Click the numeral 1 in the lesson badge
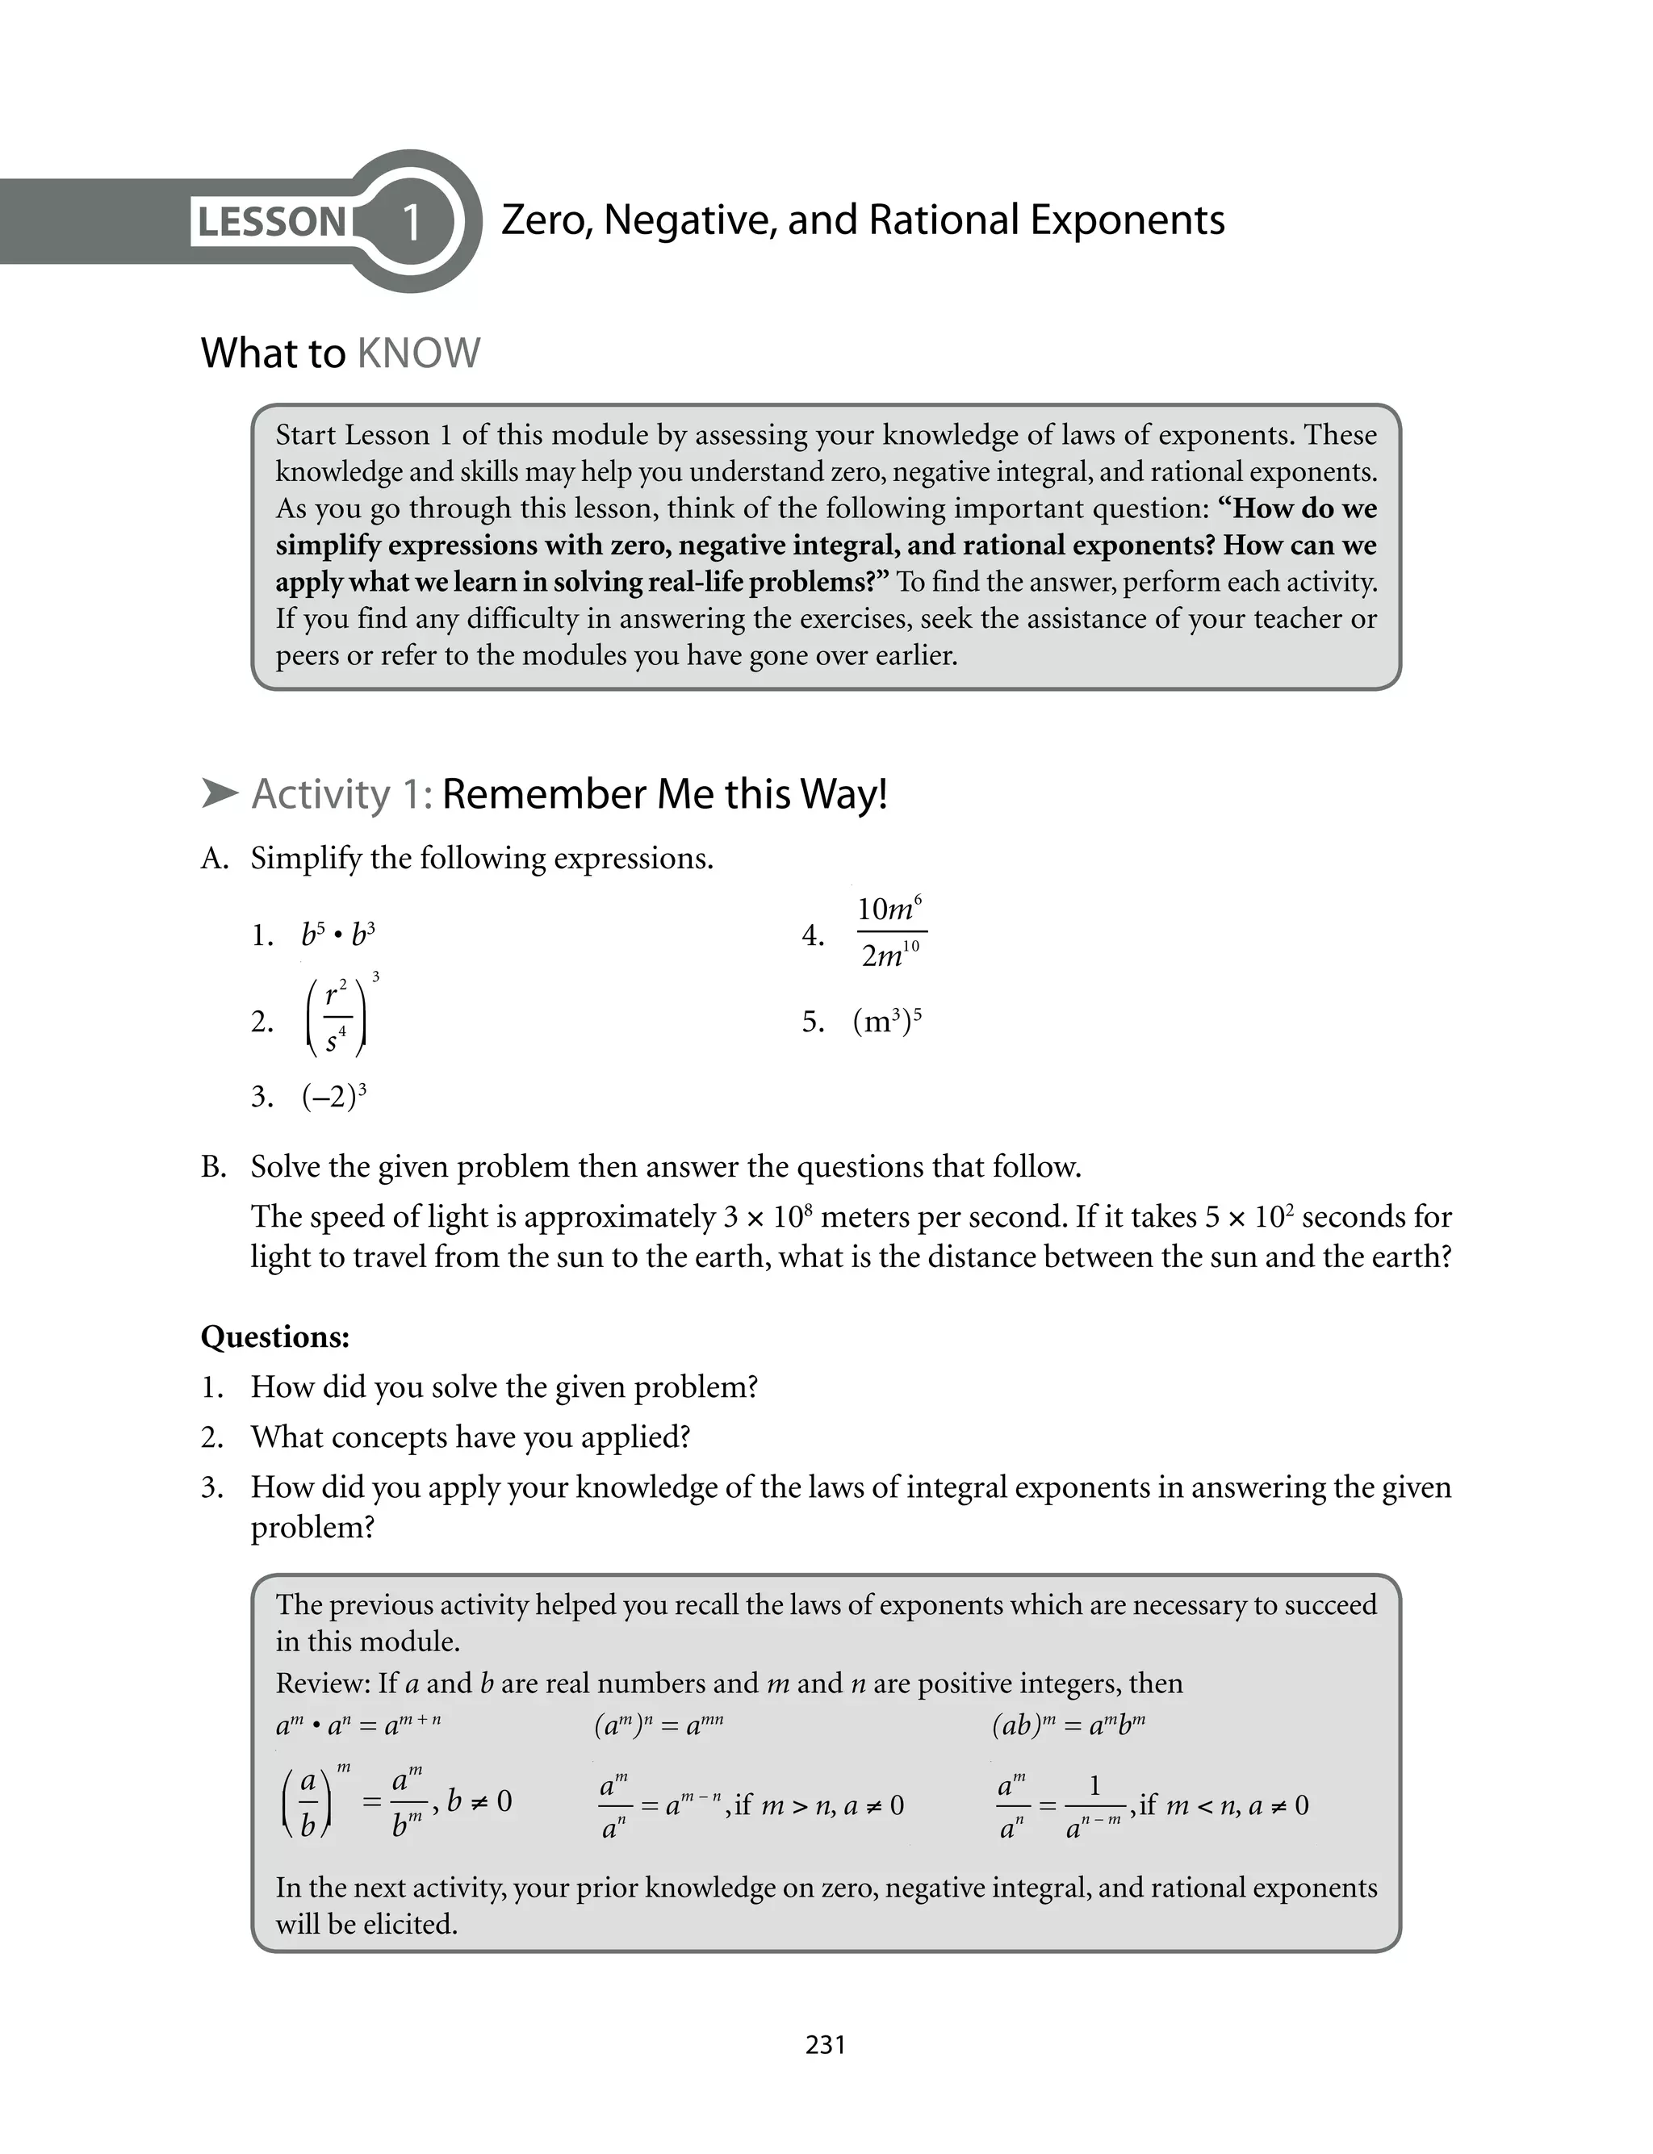point(412,222)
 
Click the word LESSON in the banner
point(271,222)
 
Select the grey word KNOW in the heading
point(418,353)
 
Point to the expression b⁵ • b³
point(338,935)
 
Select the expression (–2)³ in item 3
point(334,1096)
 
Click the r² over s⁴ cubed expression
point(340,1018)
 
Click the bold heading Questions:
point(275,1336)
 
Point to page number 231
point(826,2045)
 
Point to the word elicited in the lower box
point(408,1924)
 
